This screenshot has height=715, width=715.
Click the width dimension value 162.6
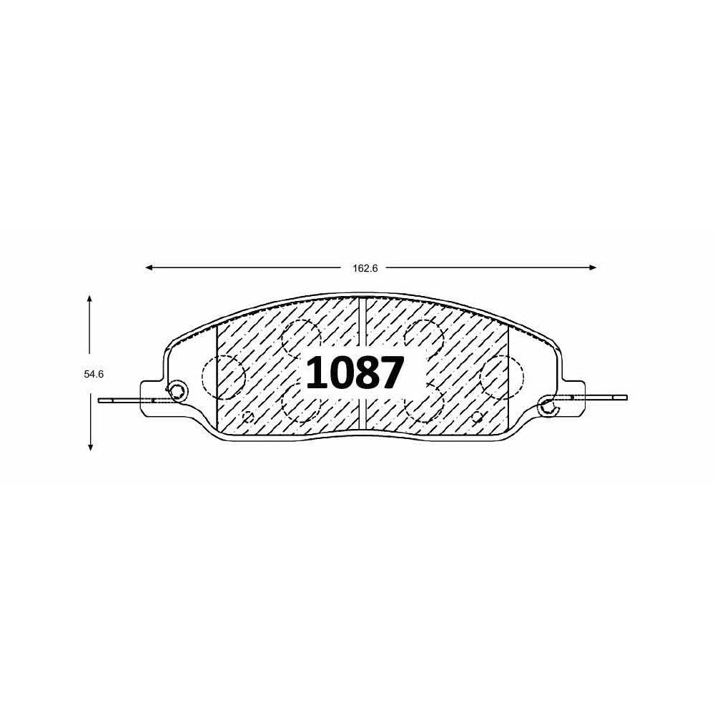[x=365, y=269]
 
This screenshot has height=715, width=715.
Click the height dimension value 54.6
[x=94, y=375]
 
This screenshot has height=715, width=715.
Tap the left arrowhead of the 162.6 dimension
[x=149, y=267]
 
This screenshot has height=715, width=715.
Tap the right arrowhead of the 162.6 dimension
[x=593, y=267]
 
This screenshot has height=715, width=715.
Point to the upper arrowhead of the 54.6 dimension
[x=90, y=299]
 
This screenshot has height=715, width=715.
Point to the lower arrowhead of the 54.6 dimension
[x=90, y=447]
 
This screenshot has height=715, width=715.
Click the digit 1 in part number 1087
[x=317, y=373]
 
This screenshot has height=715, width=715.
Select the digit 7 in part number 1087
[x=393, y=373]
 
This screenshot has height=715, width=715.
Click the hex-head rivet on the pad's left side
[x=177, y=390]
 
